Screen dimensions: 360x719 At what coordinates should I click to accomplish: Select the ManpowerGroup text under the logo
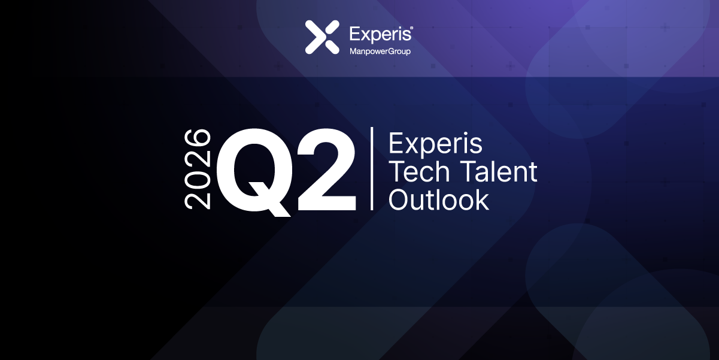click(x=380, y=52)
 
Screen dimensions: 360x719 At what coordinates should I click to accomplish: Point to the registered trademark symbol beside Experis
click(x=411, y=28)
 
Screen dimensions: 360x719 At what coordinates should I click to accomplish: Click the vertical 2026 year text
click(x=198, y=169)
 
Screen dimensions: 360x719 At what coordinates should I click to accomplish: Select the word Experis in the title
click(x=435, y=144)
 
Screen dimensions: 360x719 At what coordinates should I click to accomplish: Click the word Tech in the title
click(x=418, y=173)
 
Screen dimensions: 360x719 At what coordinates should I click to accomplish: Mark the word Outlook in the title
click(x=439, y=200)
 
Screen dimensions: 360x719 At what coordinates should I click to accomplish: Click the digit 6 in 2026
click(x=198, y=137)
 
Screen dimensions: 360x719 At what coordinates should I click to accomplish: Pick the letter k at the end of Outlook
click(x=483, y=200)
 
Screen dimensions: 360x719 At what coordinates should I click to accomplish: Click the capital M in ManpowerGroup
click(x=353, y=52)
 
